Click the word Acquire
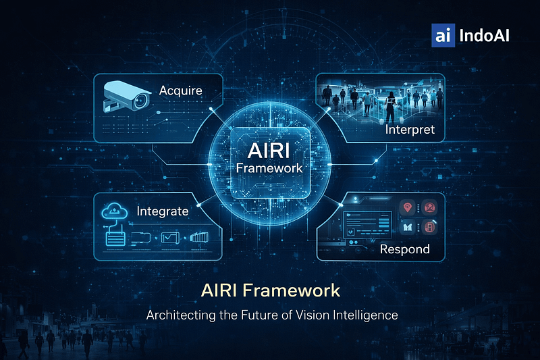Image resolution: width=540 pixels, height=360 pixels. pyautogui.click(x=180, y=91)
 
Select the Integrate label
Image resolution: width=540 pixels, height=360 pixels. pyautogui.click(x=162, y=211)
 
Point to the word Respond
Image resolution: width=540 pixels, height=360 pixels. pyautogui.click(x=404, y=249)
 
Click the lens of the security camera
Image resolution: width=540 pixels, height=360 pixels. pyautogui.click(x=140, y=101)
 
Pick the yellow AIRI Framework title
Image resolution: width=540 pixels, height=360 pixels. pyautogui.click(x=270, y=290)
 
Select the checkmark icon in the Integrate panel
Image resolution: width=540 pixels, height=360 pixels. pyautogui.click(x=170, y=238)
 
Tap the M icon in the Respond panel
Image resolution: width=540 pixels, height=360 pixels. pyautogui.click(x=406, y=228)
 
